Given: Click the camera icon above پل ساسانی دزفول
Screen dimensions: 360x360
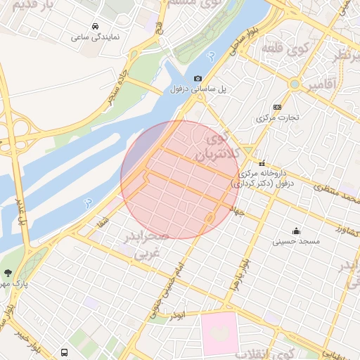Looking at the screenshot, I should [198, 79].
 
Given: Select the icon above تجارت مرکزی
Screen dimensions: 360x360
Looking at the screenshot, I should [277, 107].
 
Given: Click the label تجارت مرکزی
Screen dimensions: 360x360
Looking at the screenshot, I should [277, 117].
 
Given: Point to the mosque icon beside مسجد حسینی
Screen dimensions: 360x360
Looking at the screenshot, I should [296, 230].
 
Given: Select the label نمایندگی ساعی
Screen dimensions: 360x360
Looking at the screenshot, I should [95, 35].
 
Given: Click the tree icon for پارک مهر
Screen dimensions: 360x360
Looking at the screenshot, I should [8, 272].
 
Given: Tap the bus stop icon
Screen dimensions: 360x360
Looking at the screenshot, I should [65, 352].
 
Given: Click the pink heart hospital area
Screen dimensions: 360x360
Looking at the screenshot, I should [221, 333].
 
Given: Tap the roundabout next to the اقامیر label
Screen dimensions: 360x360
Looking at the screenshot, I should [294, 84].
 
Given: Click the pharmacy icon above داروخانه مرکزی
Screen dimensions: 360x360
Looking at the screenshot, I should [262, 162].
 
